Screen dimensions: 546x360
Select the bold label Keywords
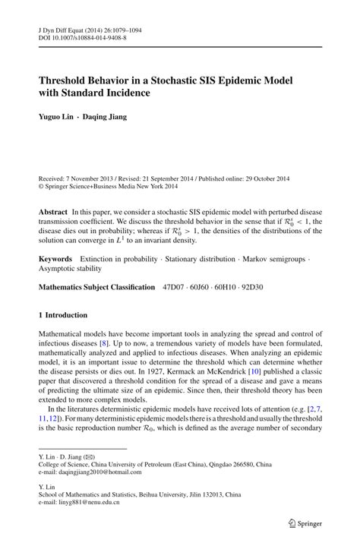(56, 259)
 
